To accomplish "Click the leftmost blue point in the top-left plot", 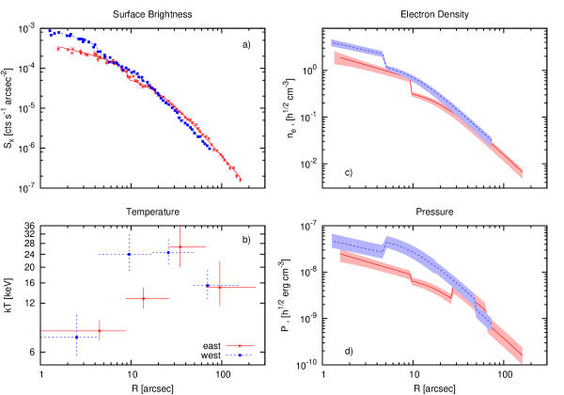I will point(50,32).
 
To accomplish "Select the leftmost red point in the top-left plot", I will point(57,47).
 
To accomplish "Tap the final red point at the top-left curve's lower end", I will point(240,179).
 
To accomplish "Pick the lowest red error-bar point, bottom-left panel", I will point(99,331).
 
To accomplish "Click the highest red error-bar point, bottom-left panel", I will point(180,247).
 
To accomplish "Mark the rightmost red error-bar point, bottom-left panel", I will point(220,286).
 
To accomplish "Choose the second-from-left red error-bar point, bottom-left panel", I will point(144,298).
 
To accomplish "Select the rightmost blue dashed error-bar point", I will point(208,284).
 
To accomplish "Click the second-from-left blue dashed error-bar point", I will point(129,254).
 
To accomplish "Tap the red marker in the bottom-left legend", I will point(240,346).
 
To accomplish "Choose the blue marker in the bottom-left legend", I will point(240,355).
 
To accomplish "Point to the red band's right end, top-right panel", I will point(522,172).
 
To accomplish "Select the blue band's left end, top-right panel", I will point(333,43).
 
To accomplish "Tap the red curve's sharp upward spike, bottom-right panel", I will point(452,292).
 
